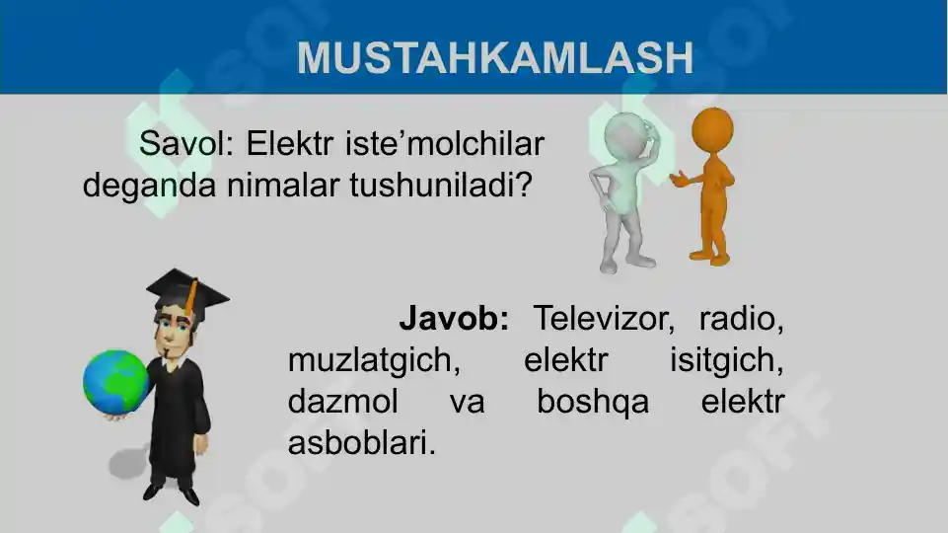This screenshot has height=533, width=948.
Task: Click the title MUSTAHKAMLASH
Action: point(495,58)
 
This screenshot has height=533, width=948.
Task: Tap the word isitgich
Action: point(727,361)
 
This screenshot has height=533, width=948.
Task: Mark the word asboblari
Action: point(361,444)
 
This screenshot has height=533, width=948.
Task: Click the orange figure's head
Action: point(711,129)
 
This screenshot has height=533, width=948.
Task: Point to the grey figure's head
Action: point(624,134)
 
